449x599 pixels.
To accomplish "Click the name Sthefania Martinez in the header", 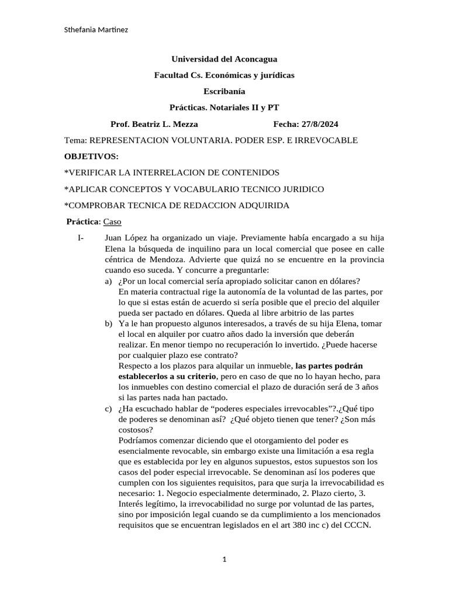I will [95, 30].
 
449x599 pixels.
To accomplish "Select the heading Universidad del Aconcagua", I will [224, 59].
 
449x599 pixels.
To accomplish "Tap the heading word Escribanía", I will [224, 91].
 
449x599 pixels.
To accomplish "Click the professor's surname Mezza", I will [185, 124].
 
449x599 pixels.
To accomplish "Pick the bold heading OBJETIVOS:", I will [91, 156].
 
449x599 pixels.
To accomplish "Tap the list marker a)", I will [108, 281].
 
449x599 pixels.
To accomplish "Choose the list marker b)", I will [108, 323].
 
